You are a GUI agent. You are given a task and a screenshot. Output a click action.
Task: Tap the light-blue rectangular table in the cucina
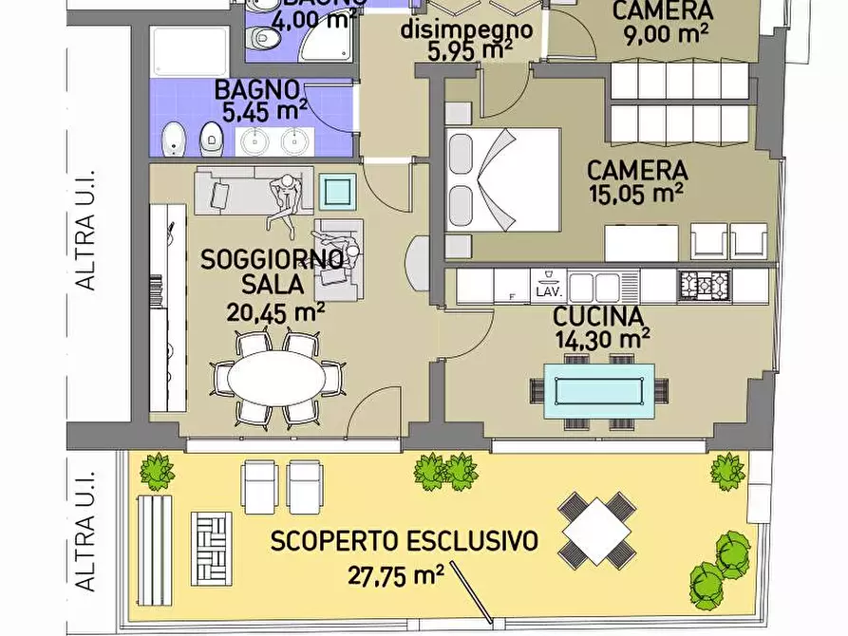(599, 390)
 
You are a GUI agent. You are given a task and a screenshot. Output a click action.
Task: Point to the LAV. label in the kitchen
(548, 291)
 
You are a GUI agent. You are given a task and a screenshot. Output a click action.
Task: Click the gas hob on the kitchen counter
(706, 285)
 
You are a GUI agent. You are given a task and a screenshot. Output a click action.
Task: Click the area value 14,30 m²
(602, 338)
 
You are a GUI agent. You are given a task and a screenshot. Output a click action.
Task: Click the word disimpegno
(466, 28)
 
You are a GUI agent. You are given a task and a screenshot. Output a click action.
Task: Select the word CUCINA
(599, 316)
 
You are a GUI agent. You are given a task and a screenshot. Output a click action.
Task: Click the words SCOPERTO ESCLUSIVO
(405, 542)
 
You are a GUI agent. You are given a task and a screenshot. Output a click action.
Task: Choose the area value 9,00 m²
(662, 35)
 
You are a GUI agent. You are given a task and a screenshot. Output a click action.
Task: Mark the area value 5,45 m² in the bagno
(259, 111)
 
